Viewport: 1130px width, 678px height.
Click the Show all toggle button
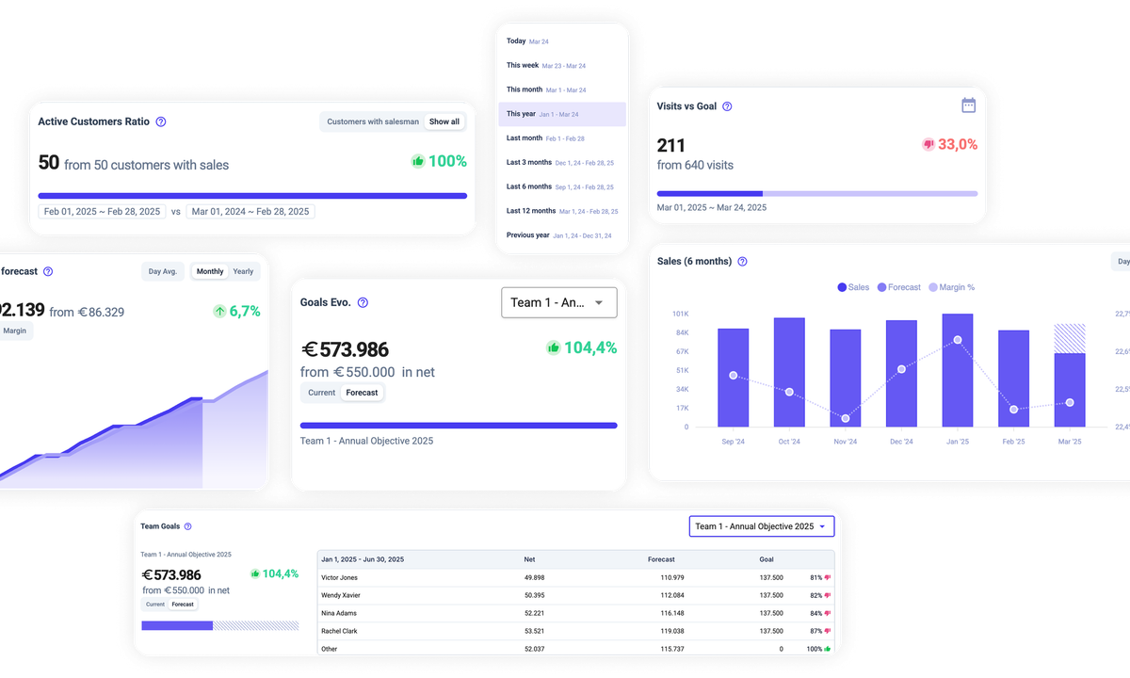coord(444,121)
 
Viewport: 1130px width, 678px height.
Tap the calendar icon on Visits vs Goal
coord(968,105)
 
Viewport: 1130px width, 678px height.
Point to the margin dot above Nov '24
coord(846,418)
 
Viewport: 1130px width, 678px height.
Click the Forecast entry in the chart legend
coord(898,287)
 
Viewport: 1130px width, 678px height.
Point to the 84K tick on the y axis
coord(680,332)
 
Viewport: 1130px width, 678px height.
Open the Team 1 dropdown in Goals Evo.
coord(559,302)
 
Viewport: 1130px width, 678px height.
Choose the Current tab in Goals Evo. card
coord(321,393)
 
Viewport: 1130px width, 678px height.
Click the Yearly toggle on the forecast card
coord(243,271)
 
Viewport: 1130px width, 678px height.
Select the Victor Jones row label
coord(339,577)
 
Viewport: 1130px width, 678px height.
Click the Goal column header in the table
coord(767,559)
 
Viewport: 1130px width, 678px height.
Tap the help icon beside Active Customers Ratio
coord(161,121)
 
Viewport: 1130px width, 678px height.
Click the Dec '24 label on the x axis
coord(901,442)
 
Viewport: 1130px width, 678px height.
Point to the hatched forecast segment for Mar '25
coord(1070,338)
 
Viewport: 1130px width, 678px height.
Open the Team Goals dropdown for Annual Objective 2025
coord(761,526)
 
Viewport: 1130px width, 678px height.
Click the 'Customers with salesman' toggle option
coord(372,121)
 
